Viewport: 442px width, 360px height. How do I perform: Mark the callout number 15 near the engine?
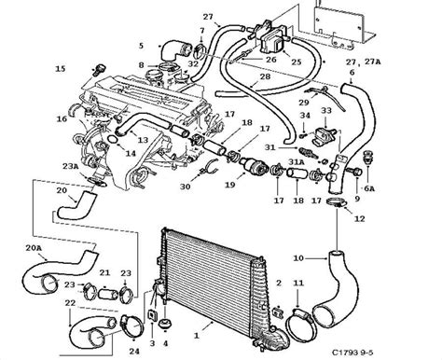[x=61, y=69]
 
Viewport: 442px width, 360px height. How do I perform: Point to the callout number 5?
[x=141, y=45]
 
